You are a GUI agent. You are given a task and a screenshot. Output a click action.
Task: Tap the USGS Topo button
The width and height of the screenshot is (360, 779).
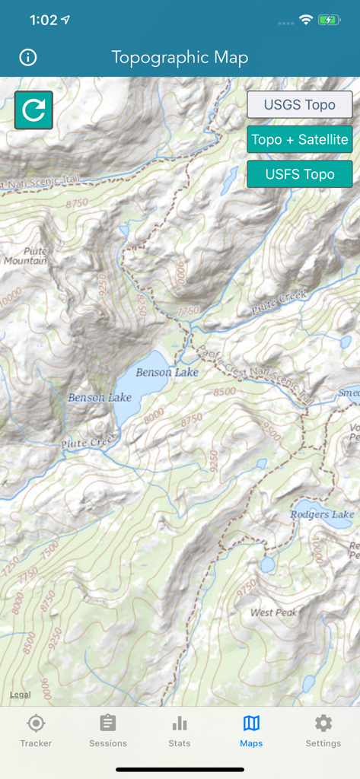(299, 105)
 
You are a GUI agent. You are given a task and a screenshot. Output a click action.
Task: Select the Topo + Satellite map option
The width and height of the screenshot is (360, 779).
(299, 139)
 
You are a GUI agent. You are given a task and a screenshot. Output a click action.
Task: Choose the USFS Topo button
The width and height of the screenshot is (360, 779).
(299, 174)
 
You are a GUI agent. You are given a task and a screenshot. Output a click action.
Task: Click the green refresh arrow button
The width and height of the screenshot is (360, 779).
(33, 110)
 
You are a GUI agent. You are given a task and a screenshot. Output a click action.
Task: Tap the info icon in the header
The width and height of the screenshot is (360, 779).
(28, 58)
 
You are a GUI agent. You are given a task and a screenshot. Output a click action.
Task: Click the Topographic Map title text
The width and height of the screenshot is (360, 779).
(180, 58)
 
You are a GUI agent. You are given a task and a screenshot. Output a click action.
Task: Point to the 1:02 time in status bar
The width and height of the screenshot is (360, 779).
(43, 21)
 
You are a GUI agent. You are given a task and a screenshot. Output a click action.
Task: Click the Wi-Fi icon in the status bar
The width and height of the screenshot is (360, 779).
(306, 21)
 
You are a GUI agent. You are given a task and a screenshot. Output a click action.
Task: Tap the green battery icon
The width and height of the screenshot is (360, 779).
(330, 21)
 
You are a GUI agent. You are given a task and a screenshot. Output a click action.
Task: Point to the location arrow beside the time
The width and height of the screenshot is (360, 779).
(65, 21)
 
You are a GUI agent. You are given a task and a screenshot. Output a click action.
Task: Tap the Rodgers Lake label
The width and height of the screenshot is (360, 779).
(322, 515)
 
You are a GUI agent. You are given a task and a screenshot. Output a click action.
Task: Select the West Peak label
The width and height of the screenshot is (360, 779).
(274, 612)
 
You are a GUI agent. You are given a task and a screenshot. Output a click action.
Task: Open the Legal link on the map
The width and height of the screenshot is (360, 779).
(20, 695)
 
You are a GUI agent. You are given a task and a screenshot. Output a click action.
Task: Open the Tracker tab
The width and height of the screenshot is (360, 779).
(36, 731)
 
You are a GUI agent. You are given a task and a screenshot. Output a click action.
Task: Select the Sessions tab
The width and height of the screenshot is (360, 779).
(108, 731)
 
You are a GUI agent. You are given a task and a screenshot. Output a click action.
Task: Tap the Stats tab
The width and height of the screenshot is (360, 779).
(180, 731)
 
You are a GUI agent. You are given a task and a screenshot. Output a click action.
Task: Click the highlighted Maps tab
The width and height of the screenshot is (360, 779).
(251, 731)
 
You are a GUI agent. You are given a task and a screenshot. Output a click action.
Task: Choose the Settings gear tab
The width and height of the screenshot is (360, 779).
(323, 731)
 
